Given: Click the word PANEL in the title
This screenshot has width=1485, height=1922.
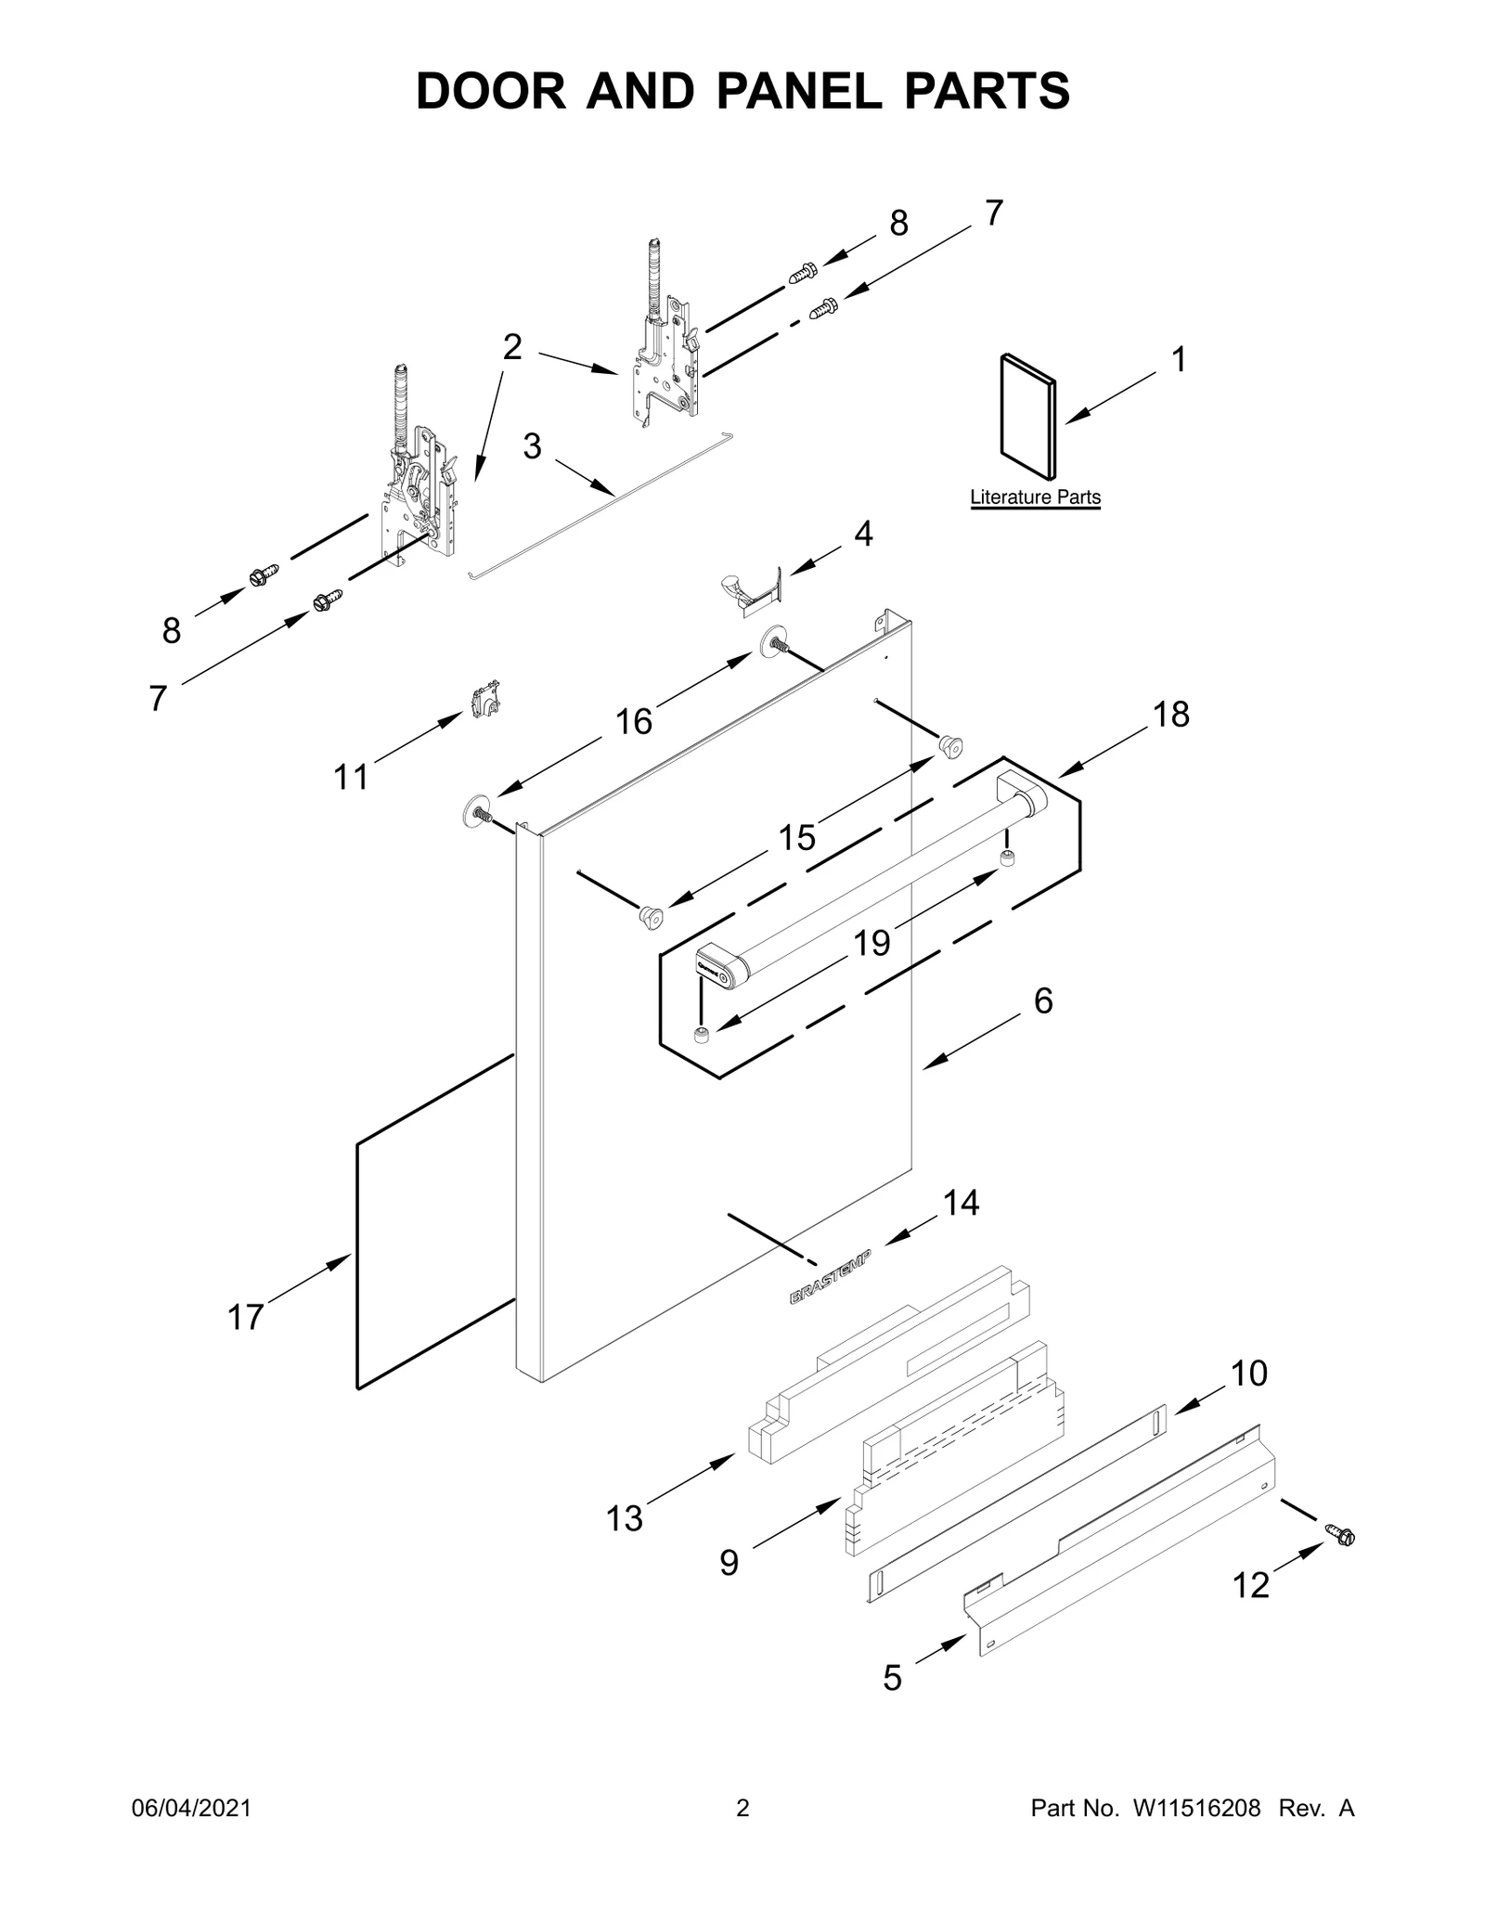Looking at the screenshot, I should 818,90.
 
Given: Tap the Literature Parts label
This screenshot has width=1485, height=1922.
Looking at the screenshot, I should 1035,497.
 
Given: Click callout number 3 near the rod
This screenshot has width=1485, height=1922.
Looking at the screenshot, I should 531,446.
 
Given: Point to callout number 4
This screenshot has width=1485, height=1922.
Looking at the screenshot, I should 863,534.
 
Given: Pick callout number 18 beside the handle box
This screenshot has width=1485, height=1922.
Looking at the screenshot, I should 1170,714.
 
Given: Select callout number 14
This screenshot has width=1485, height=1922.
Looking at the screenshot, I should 961,1203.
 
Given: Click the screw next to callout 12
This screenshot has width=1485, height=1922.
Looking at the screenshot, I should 1339,1534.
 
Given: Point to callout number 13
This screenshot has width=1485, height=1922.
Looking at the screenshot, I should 624,1518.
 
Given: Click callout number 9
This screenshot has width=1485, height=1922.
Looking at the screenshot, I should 729,1563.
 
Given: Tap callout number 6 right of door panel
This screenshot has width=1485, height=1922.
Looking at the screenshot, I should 1042,1000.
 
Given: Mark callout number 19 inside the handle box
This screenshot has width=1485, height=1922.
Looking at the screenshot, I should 872,943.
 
